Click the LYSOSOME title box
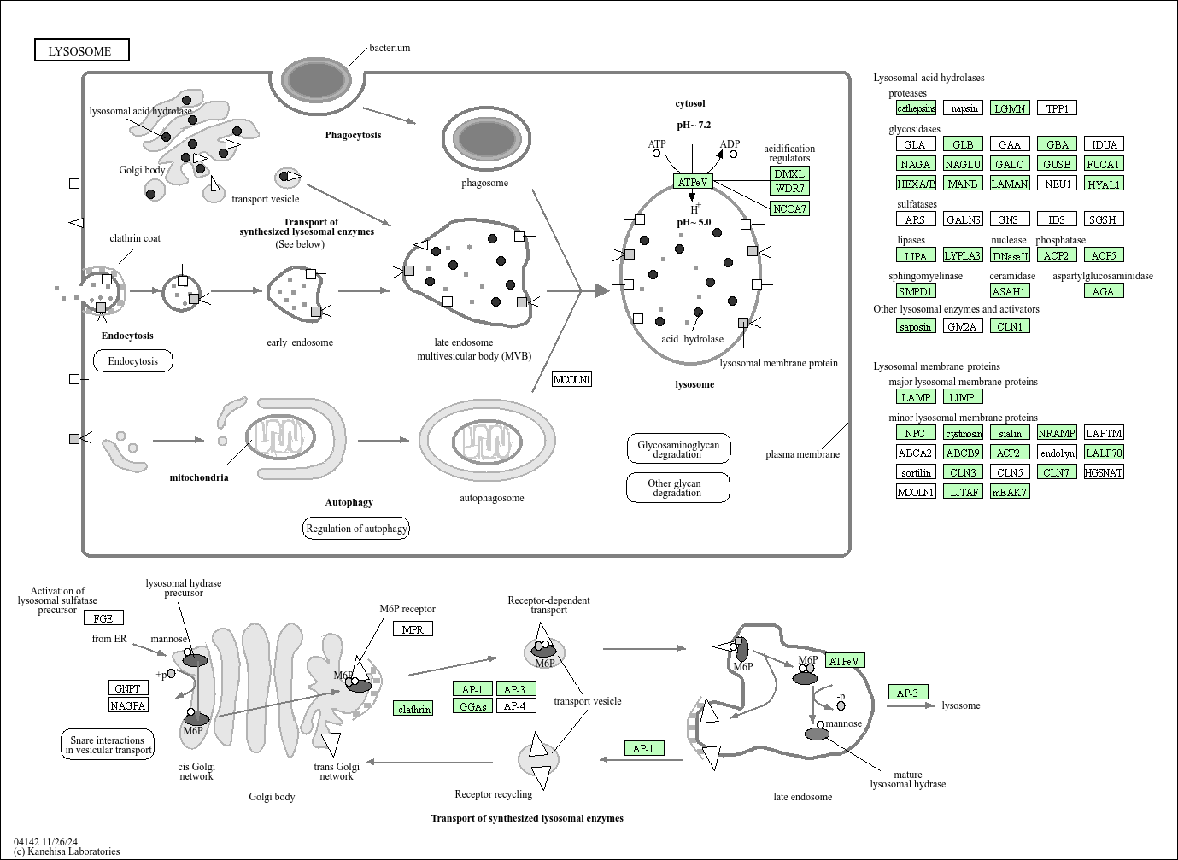tap(81, 51)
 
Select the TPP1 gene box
tap(1057, 108)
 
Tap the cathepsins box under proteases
tap(916, 108)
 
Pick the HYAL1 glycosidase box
tap(1103, 184)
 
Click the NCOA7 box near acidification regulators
tap(789, 208)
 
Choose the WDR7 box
tap(789, 188)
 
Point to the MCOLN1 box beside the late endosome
tap(571, 379)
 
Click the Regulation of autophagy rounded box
tap(356, 529)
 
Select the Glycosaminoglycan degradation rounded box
tap(678, 449)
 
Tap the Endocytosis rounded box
tap(132, 361)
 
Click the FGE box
tap(103, 617)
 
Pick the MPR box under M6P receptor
tap(412, 629)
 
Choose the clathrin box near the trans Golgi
tap(413, 709)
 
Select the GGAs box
tap(472, 706)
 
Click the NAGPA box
tap(128, 705)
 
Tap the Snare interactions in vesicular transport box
tap(108, 745)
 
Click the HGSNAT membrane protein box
tap(1103, 472)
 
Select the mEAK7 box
tap(1009, 492)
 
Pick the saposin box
tap(916, 326)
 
